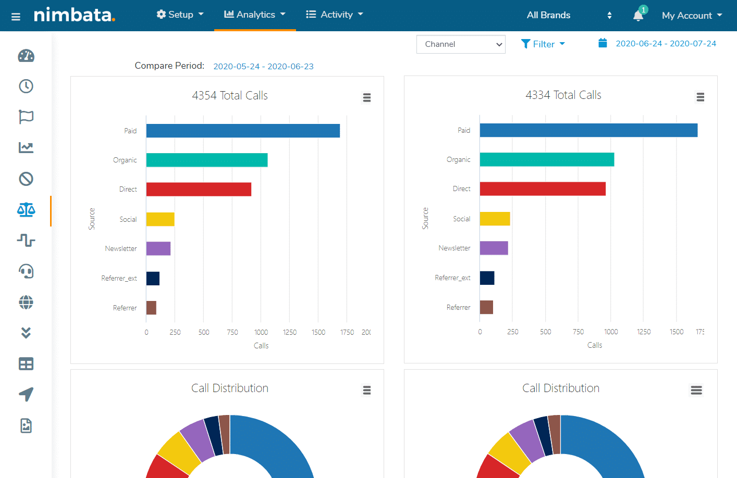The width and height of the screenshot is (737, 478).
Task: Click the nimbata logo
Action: [75, 15]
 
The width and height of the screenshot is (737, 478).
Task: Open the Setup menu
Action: [180, 15]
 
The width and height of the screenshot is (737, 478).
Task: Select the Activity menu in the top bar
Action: [334, 15]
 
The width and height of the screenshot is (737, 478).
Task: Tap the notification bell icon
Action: [638, 15]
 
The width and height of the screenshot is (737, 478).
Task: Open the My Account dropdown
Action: [692, 16]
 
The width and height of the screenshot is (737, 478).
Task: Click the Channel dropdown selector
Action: [461, 44]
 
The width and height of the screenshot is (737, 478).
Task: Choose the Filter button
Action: [543, 44]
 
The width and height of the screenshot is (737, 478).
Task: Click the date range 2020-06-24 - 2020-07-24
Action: [666, 44]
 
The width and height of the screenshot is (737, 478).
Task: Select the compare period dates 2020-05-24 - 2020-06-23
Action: [263, 67]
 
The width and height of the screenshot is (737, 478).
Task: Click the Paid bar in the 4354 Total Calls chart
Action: [243, 131]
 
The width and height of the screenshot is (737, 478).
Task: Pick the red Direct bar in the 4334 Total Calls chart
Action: [543, 188]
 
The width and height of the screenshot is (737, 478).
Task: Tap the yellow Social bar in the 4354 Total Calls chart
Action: [160, 219]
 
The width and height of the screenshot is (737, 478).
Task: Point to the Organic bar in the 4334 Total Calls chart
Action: [547, 159]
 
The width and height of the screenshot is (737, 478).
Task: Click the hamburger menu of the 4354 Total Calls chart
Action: [367, 97]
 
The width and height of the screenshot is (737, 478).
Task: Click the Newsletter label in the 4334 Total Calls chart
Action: [454, 248]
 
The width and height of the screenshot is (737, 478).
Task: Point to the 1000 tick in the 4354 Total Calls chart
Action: [261, 332]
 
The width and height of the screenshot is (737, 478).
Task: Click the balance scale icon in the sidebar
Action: [26, 210]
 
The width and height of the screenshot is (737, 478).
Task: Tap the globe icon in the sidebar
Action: [26, 302]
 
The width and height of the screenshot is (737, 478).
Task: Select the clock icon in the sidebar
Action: [26, 86]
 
